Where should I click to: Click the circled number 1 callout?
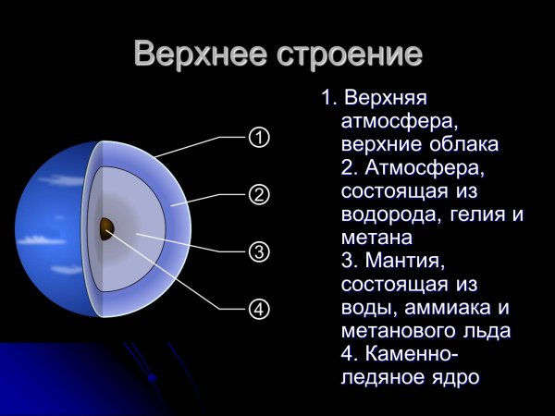(x=259, y=138)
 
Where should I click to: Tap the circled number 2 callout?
(x=259, y=194)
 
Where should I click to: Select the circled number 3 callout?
(x=259, y=251)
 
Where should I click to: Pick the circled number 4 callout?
(x=259, y=309)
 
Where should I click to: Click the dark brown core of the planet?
(x=106, y=228)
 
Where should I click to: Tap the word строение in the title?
(x=351, y=54)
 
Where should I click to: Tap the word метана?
(x=370, y=239)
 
